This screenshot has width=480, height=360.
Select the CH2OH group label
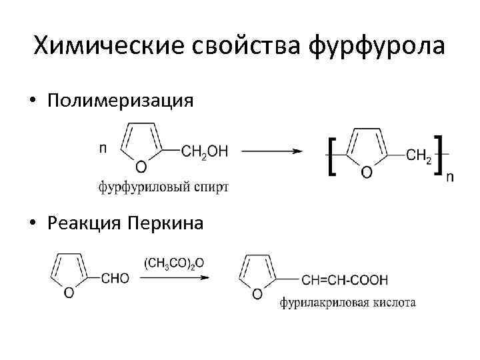point(205,152)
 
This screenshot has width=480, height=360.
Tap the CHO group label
point(115,279)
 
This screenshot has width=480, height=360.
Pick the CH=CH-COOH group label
point(345,279)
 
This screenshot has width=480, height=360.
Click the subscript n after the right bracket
point(450,176)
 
